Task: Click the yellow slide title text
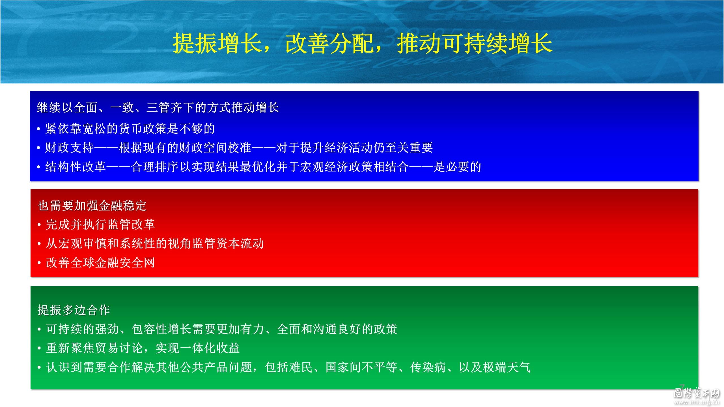[362, 43]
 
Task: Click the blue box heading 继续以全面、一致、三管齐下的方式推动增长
[158, 108]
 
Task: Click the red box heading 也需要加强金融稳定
[92, 206]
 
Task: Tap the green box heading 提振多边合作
[74, 310]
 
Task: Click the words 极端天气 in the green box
[506, 367]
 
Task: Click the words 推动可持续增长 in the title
[475, 43]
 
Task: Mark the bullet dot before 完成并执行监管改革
[40, 225]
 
